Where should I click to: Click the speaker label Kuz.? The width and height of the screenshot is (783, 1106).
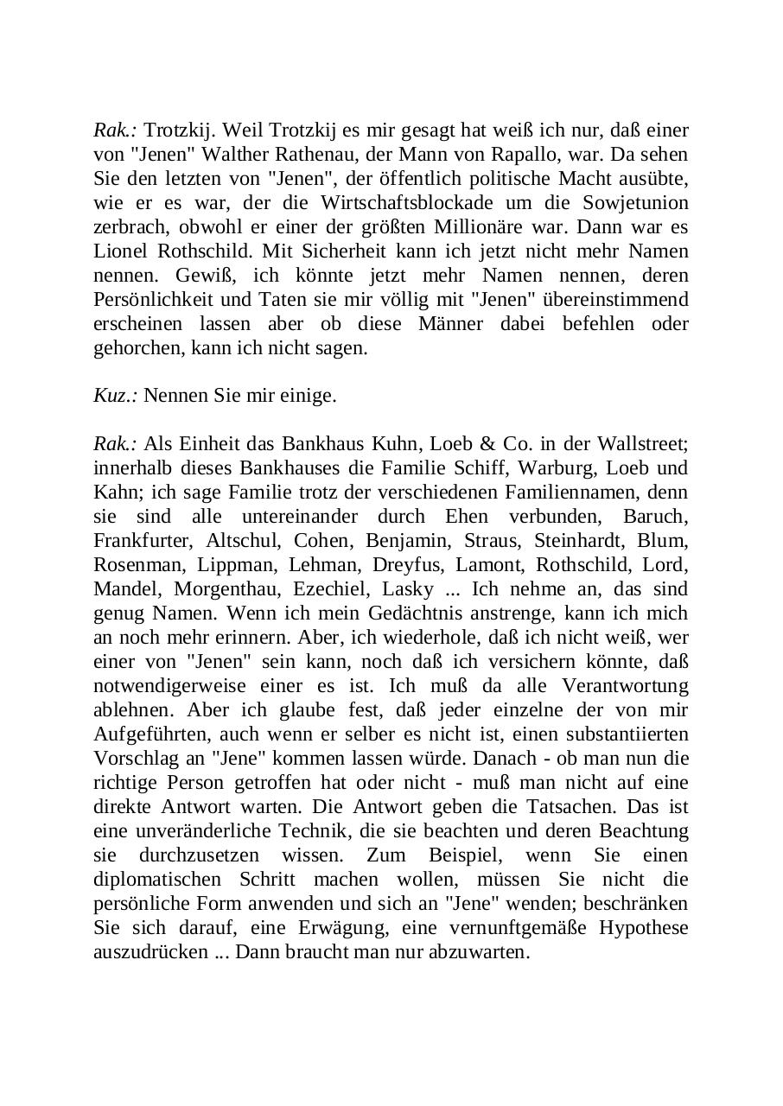point(116,397)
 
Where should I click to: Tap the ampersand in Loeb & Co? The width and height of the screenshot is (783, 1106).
point(487,444)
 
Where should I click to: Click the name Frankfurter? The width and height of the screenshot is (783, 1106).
point(141,541)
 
